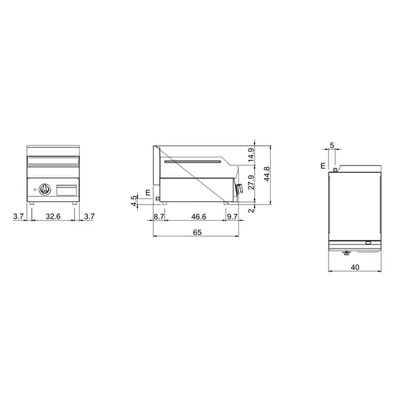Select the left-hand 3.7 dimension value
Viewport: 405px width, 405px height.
[19, 216]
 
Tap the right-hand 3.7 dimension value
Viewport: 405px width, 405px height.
[89, 216]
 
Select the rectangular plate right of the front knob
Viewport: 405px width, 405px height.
[66, 190]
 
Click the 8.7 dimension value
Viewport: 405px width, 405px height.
[159, 216]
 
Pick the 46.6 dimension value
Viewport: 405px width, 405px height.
[198, 216]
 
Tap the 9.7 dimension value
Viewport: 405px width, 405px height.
[232, 216]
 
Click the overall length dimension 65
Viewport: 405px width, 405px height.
[196, 232]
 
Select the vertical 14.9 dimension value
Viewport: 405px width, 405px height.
[251, 155]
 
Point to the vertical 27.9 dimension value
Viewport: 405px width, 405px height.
[251, 183]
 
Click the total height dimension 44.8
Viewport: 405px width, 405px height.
[267, 174]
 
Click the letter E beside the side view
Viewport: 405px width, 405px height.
[147, 193]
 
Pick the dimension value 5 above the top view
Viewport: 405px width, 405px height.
[331, 145]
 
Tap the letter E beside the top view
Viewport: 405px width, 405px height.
[323, 165]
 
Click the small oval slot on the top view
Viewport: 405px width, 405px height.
[368, 243]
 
